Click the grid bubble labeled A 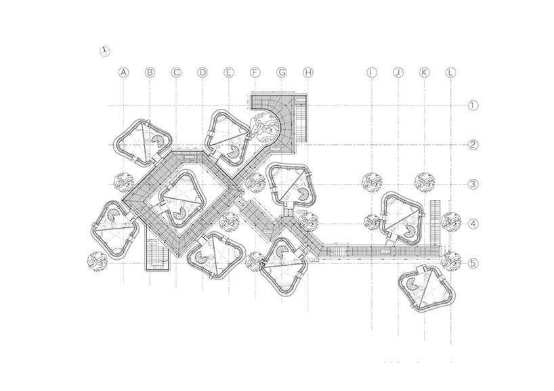pos(123,71)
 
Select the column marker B pos(150,71)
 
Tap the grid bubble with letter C pos(176,71)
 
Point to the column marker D pos(203,71)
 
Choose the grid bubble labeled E pos(229,71)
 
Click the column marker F pos(255,71)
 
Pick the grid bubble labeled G pos(282,71)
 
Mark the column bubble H pos(308,71)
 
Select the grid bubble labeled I pos(371,71)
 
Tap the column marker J pos(398,71)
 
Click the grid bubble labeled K pos(424,71)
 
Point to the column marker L pos(450,71)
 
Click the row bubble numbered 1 pos(473,105)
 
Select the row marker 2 pos(473,144)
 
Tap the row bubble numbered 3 pos(473,184)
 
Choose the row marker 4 pos(473,223)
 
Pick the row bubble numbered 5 pos(473,263)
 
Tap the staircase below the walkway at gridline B pos(156,254)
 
